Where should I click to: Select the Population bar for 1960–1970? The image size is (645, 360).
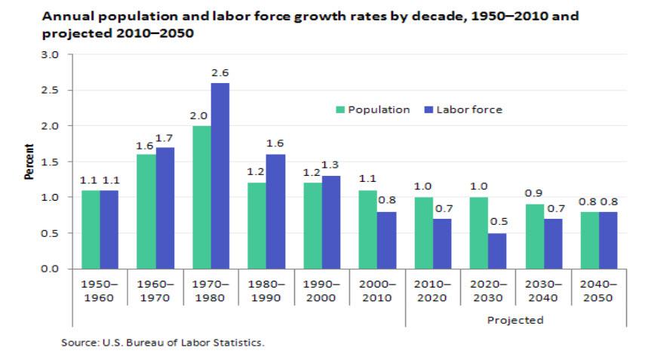tap(146, 211)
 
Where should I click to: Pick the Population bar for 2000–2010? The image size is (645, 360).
tap(368, 229)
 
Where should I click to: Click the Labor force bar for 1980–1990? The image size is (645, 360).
tap(276, 211)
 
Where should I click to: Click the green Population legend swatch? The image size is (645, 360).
tap(340, 110)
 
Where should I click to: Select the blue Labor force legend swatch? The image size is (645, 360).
tap(428, 110)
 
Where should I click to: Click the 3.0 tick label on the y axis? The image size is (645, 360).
tap(53, 55)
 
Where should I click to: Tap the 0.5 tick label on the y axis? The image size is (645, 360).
tap(53, 233)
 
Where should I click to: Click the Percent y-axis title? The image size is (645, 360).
tap(29, 162)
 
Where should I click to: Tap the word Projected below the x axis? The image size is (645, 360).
tap(516, 320)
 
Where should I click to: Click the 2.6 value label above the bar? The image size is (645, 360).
tap(220, 73)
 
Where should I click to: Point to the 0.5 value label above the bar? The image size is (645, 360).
tap(498, 223)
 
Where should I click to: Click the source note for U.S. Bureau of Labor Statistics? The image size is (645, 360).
tap(162, 343)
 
